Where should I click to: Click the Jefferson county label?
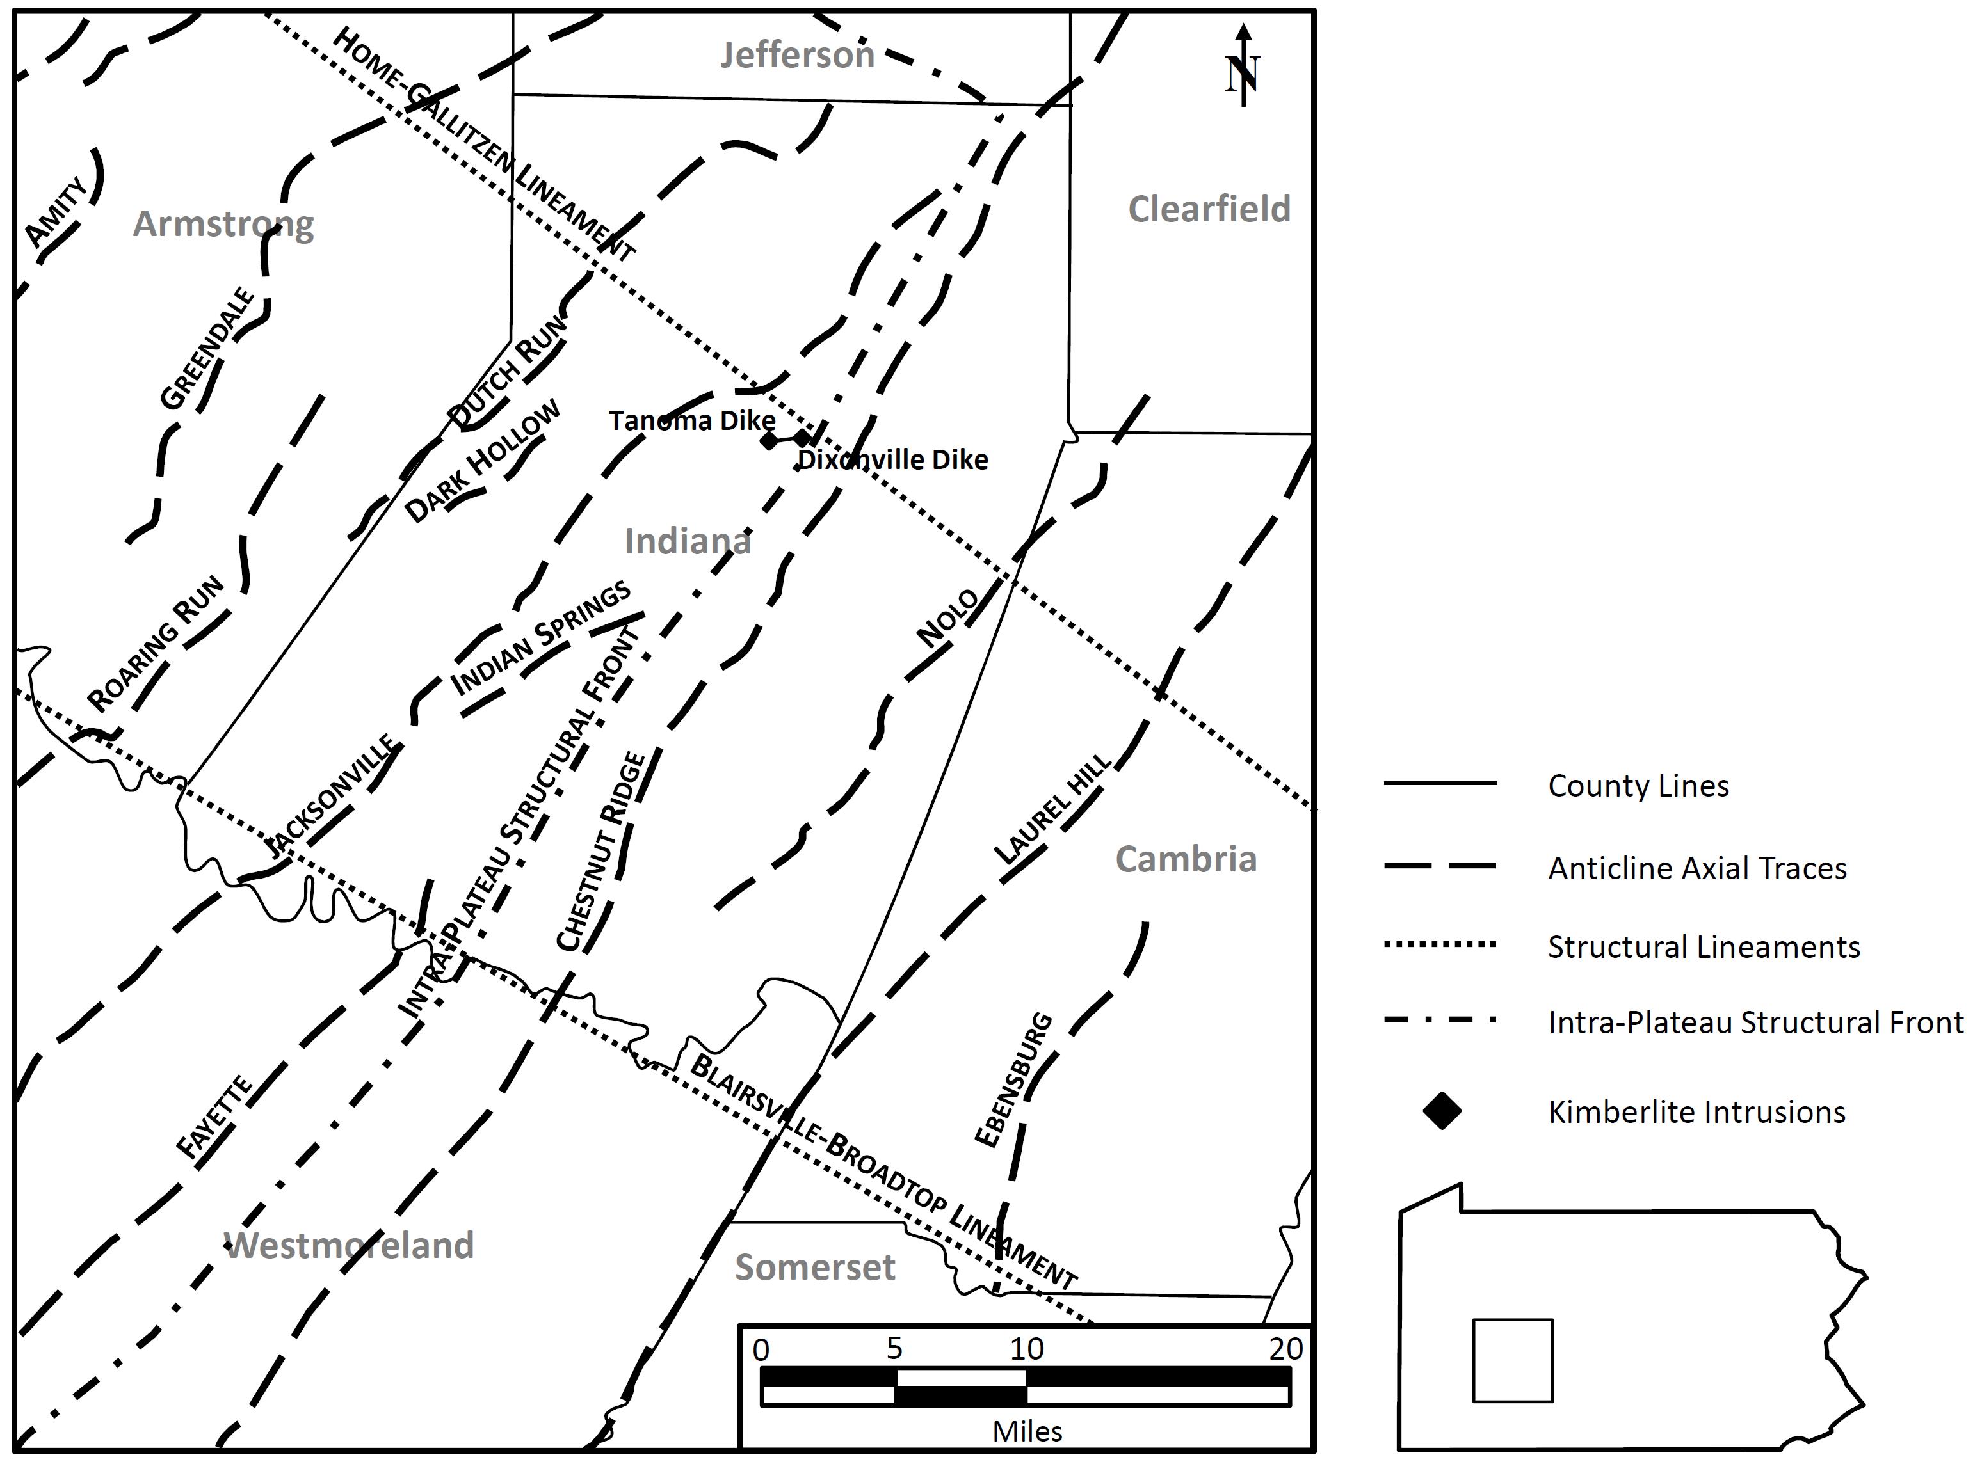(796, 55)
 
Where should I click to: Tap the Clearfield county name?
(1209, 209)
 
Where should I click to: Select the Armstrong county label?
(223, 225)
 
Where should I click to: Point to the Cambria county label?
(1186, 859)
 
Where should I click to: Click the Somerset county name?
(814, 1267)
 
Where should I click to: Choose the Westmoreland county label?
(349, 1246)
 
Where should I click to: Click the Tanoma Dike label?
(691, 420)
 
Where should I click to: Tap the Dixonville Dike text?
(892, 459)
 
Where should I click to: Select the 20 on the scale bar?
(1285, 1349)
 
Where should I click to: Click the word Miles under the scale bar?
(1027, 1431)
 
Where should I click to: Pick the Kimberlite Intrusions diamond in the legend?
(1442, 1111)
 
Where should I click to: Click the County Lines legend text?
(1638, 786)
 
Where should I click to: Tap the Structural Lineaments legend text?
(1703, 946)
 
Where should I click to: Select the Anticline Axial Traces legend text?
(1697, 868)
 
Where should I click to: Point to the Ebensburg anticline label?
(1013, 1080)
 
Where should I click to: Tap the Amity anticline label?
(56, 212)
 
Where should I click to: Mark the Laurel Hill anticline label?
(1052, 809)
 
